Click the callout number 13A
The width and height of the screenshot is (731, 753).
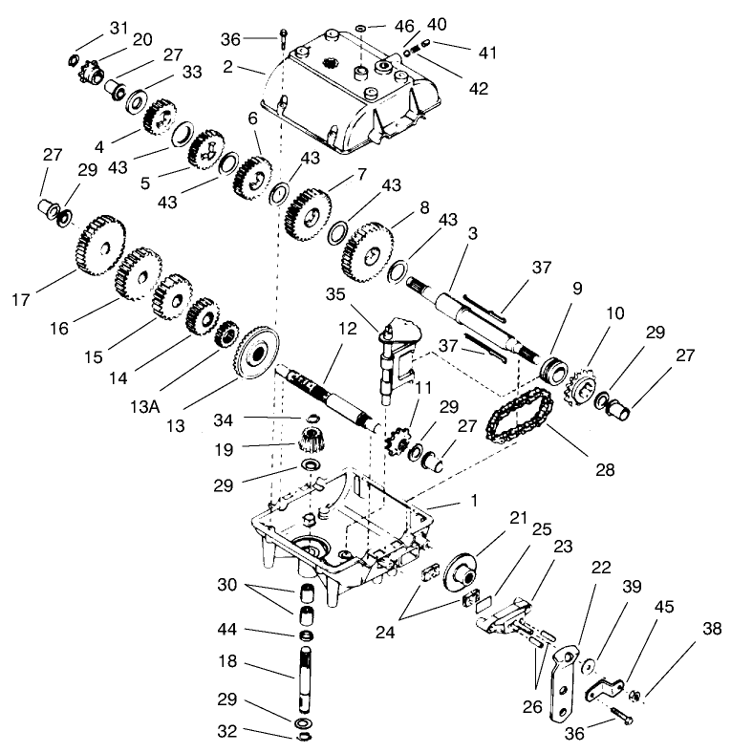pos(144,407)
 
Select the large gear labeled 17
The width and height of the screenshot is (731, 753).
pos(100,246)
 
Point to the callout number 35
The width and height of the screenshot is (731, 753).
pos(335,294)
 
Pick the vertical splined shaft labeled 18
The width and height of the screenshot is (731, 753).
pos(306,678)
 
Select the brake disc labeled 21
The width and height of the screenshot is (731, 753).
pos(460,571)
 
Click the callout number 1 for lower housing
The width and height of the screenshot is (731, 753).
pos(474,501)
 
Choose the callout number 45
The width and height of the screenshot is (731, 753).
pos(664,607)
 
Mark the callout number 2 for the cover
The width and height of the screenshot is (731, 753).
pos(227,66)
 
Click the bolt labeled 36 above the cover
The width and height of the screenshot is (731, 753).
pos(284,38)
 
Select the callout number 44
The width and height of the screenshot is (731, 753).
pos(227,629)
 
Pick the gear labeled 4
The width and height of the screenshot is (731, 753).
pos(159,118)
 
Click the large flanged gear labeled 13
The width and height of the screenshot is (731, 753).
pos(256,353)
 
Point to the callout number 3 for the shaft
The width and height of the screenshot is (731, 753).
pos(473,233)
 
